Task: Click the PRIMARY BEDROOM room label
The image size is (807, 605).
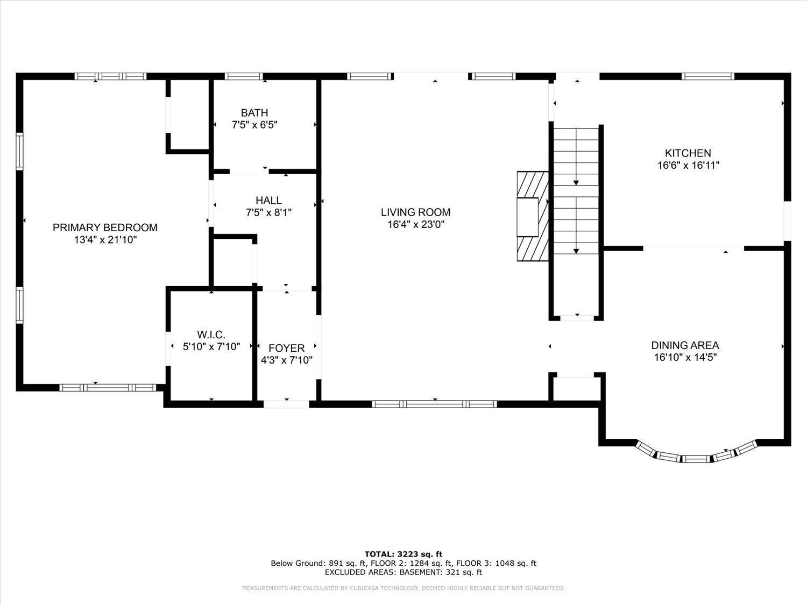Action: (105, 227)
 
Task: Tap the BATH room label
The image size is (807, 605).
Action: (254, 113)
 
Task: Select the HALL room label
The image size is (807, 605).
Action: (269, 201)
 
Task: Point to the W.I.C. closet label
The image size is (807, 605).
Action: (211, 334)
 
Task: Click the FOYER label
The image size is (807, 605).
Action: (286, 348)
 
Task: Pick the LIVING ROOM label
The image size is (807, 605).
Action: (415, 212)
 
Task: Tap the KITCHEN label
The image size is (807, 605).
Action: (688, 153)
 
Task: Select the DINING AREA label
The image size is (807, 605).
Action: (685, 345)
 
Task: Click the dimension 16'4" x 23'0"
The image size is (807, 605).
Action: (416, 224)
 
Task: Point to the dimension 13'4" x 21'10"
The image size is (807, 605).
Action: (105, 240)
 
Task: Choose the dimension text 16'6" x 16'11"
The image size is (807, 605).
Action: (688, 166)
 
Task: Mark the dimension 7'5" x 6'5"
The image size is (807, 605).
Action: (254, 125)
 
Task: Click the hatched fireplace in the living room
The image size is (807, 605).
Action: (533, 216)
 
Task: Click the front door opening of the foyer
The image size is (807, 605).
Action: (286, 404)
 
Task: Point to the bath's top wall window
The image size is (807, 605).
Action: (244, 76)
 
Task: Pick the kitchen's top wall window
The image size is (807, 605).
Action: (707, 76)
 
